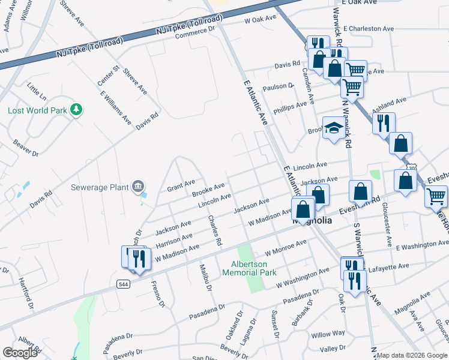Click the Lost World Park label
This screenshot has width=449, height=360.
tap(37, 110)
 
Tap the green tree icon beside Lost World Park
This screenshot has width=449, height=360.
tap(76, 109)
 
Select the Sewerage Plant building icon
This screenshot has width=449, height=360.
tap(139, 187)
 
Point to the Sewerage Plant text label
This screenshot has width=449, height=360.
tap(100, 187)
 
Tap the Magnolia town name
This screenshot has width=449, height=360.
tap(312, 221)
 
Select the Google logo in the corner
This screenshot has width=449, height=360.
tap(20, 353)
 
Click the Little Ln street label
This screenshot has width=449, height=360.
tap(36, 91)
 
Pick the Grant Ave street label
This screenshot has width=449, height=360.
tap(181, 182)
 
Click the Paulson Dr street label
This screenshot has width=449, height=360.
tap(277, 86)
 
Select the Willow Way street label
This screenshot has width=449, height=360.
tap(328, 334)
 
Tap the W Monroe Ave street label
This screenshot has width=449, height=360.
tap(285, 247)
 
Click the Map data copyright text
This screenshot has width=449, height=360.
tap(412, 355)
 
